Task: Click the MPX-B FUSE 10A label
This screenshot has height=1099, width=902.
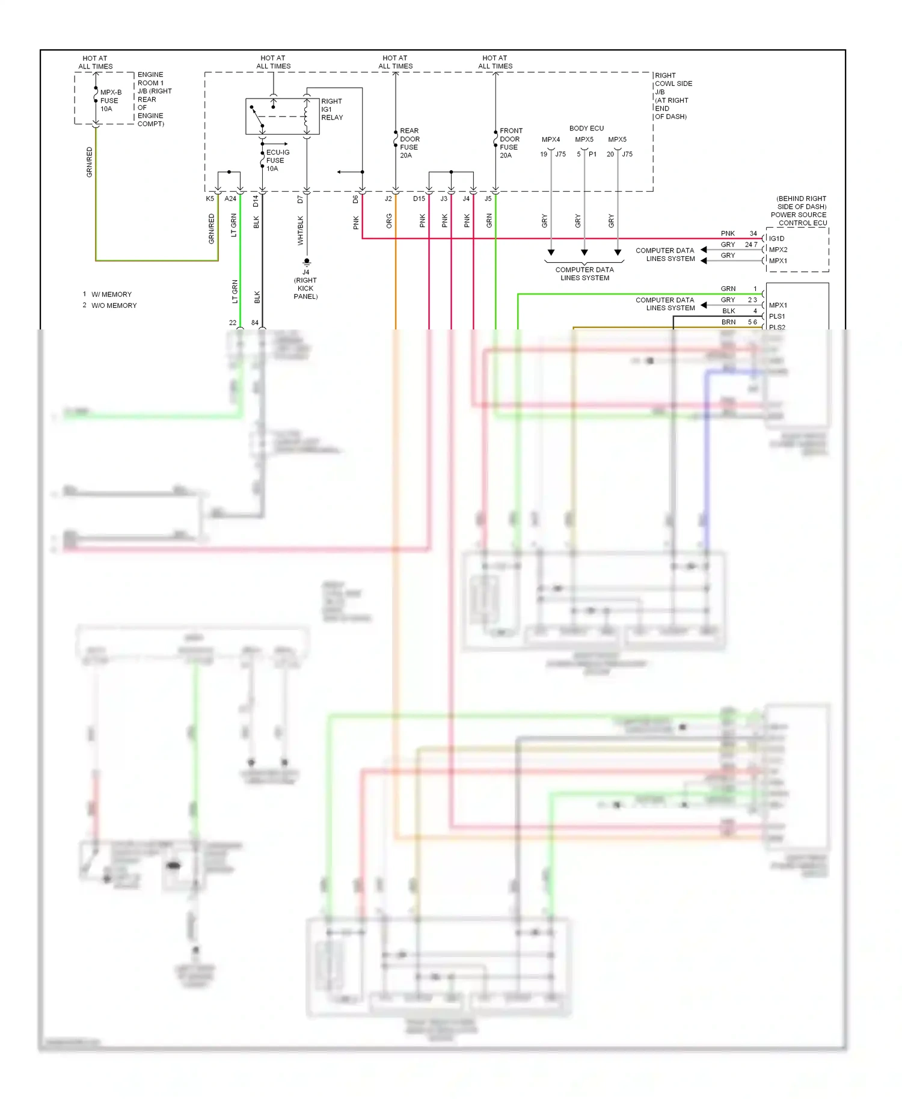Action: pos(110,100)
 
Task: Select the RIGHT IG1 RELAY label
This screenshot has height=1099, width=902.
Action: pos(331,109)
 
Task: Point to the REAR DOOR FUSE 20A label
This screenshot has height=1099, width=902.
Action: pos(409,143)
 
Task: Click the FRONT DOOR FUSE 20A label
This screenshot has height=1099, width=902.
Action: pos(510,143)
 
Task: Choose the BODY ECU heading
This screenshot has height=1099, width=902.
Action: pos(586,128)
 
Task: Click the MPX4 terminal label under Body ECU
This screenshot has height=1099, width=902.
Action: pos(550,139)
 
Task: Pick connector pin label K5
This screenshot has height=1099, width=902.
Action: pos(210,198)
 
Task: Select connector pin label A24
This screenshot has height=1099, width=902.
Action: pos(230,198)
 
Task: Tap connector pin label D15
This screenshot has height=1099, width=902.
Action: pos(419,198)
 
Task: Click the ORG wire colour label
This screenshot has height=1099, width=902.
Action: pos(389,221)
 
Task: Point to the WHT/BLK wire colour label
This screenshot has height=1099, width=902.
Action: pos(300,230)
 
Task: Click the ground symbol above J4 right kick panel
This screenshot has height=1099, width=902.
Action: pos(307,262)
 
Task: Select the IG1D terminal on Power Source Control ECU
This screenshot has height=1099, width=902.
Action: pos(776,239)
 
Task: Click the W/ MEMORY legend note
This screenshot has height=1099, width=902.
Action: pos(111,295)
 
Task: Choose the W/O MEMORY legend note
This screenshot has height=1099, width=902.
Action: pos(114,305)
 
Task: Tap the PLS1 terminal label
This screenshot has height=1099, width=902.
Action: pos(776,316)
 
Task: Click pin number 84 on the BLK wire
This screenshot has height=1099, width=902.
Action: pos(255,323)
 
